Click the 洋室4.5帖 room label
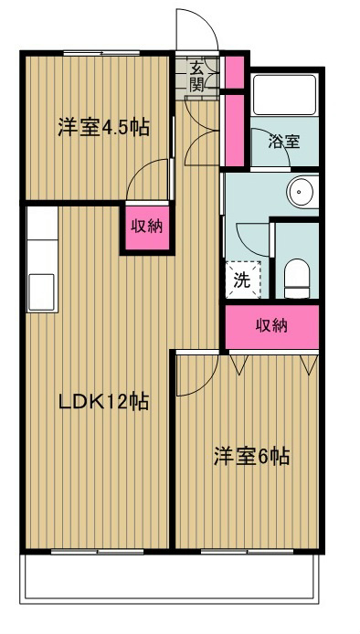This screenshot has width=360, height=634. coord(103,128)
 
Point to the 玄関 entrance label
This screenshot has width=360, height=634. coord(197,77)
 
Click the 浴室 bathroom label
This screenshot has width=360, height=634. coord(283,143)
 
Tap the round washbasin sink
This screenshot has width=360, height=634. coord(301,192)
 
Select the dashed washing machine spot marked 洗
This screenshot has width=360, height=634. coord(242,280)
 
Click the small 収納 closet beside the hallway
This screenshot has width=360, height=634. coord(146,226)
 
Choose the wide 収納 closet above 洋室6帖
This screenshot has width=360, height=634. coord(272,326)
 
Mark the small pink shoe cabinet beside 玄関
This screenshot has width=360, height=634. coord(233,71)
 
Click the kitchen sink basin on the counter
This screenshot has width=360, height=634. coord(42,291)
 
